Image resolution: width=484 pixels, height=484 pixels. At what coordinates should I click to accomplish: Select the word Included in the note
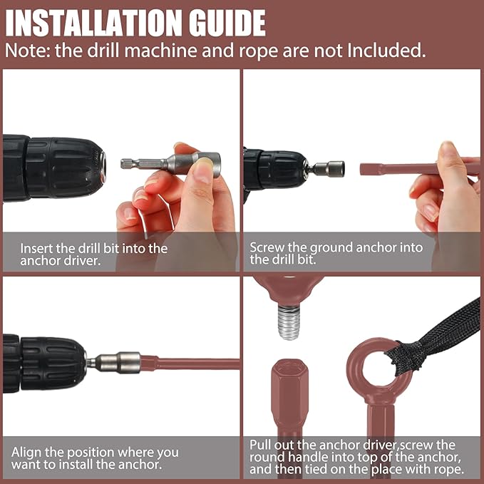pyautogui.click(x=386, y=51)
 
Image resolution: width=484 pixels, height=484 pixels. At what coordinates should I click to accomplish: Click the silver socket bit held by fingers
pyautogui.click(x=170, y=163)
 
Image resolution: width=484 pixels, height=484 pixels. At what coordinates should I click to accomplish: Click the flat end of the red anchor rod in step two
pyautogui.click(x=363, y=170)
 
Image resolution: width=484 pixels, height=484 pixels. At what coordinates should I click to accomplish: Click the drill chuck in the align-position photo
pyautogui.click(x=53, y=364)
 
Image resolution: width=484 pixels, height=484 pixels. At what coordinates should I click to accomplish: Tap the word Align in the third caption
pyautogui.click(x=26, y=453)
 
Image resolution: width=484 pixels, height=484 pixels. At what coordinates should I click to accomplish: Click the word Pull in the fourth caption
pyautogui.click(x=260, y=445)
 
